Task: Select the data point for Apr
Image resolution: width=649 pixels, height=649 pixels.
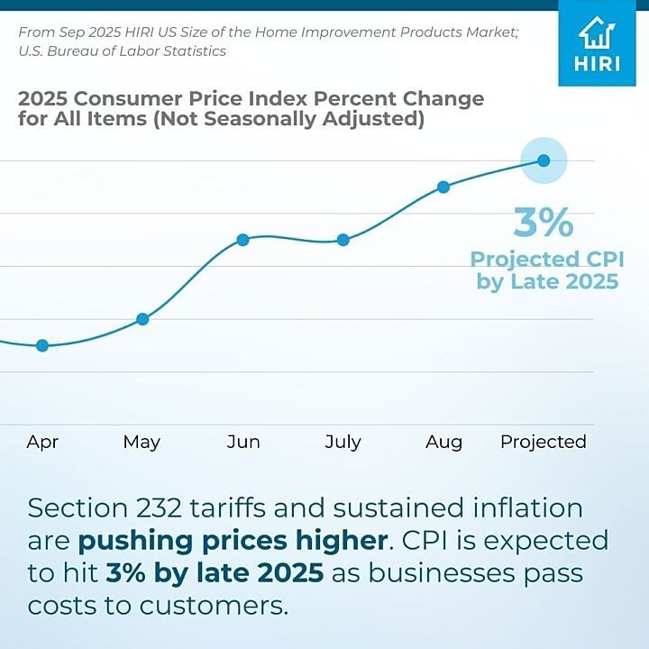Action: click(42, 345)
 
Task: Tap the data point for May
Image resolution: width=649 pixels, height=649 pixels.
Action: click(142, 319)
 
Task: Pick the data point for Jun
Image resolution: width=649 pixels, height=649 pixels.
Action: click(242, 240)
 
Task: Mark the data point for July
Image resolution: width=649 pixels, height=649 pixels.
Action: click(343, 240)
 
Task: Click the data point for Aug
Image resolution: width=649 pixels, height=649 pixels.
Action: click(443, 187)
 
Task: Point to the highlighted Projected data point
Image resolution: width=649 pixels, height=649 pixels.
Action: click(544, 160)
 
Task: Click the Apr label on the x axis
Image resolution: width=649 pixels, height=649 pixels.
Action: click(42, 442)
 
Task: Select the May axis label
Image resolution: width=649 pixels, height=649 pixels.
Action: click(142, 442)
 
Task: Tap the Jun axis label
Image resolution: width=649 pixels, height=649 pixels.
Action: click(243, 442)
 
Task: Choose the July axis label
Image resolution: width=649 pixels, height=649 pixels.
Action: click(343, 442)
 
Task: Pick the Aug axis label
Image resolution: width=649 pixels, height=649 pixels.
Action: click(443, 442)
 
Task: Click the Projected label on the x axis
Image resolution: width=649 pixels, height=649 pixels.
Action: click(544, 442)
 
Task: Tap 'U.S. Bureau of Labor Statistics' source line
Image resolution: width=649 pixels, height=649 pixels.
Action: click(122, 51)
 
